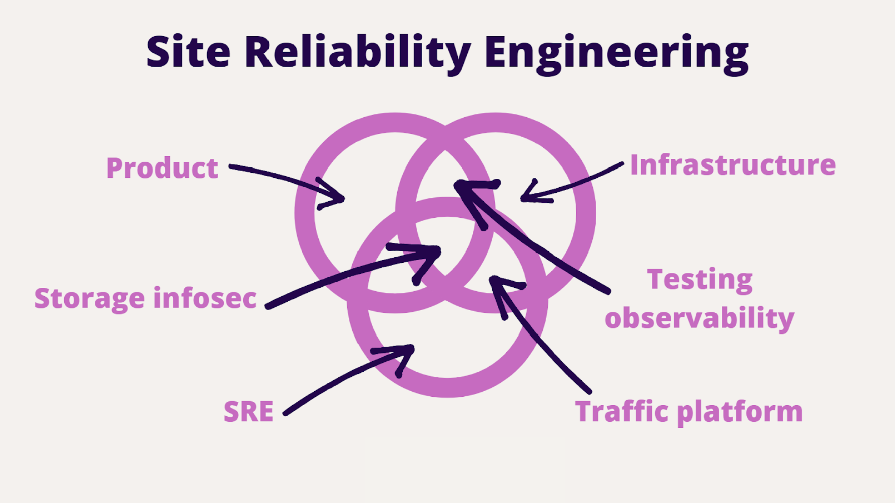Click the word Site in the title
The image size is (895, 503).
(x=188, y=52)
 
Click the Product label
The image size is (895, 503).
(x=162, y=168)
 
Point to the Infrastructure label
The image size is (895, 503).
(x=732, y=165)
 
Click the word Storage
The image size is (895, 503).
(x=89, y=299)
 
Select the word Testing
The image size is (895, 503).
(x=699, y=280)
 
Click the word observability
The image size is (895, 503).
(x=699, y=319)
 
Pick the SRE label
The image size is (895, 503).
(x=248, y=411)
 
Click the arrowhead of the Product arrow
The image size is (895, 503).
(x=341, y=199)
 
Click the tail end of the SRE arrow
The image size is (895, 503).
(x=286, y=413)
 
